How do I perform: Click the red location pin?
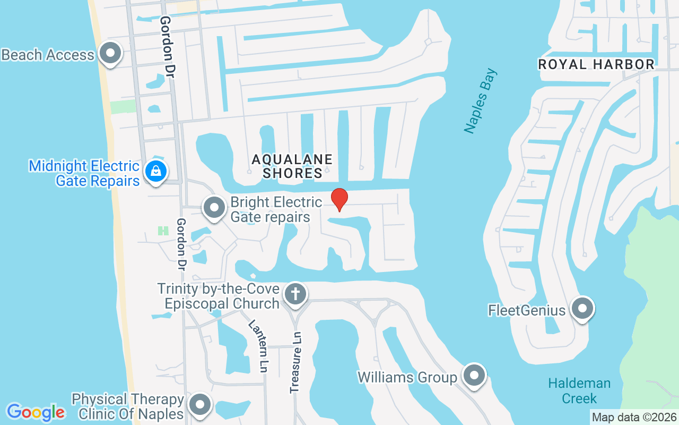pyautogui.click(x=339, y=199)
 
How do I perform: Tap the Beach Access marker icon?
pyautogui.click(x=110, y=54)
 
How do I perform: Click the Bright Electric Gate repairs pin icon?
pyautogui.click(x=214, y=208)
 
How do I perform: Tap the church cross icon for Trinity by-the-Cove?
pyautogui.click(x=295, y=294)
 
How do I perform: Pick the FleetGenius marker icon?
pyautogui.click(x=582, y=309)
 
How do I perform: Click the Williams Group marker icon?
pyautogui.click(x=474, y=376)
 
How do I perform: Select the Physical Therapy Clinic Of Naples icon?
pyautogui.click(x=200, y=405)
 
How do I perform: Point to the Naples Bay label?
pyautogui.click(x=480, y=101)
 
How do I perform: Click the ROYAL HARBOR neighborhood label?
pyautogui.click(x=596, y=65)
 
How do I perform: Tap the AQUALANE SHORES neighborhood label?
pyautogui.click(x=292, y=166)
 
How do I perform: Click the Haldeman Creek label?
pyautogui.click(x=579, y=390)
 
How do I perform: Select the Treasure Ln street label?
pyautogui.click(x=296, y=362)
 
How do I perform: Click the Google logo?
pyautogui.click(x=36, y=412)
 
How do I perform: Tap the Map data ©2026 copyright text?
pyautogui.click(x=634, y=418)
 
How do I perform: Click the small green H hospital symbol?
pyautogui.click(x=163, y=231)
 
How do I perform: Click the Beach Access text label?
pyautogui.click(x=48, y=55)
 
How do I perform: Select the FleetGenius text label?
pyautogui.click(x=527, y=310)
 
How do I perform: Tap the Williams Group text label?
pyautogui.click(x=407, y=377)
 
